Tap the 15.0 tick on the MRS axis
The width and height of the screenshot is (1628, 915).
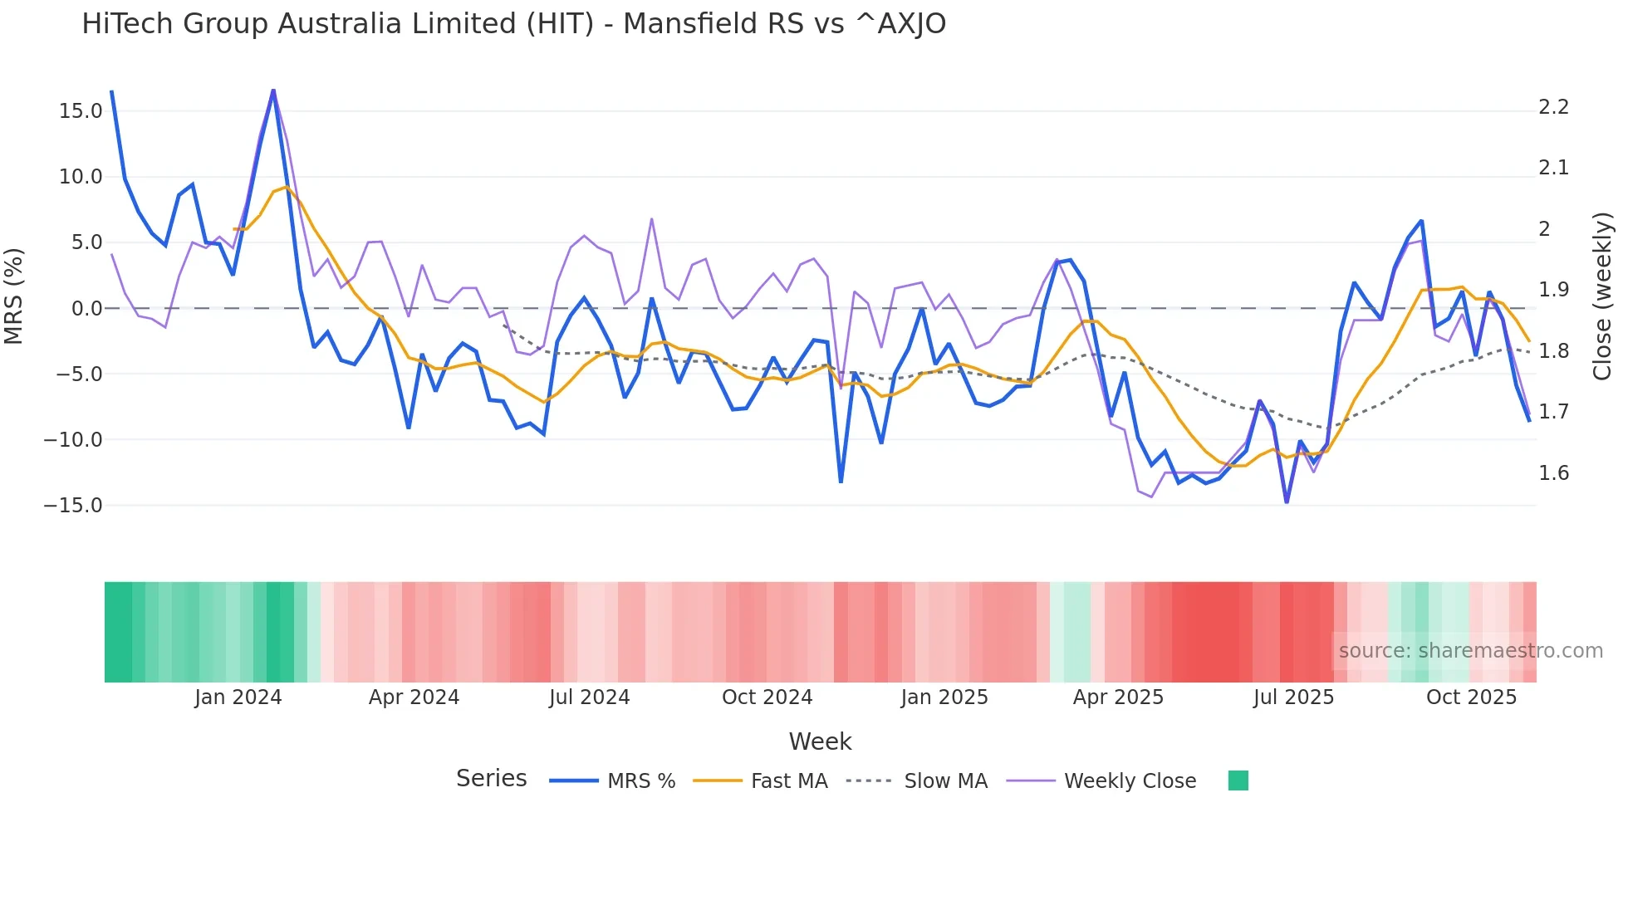tap(81, 111)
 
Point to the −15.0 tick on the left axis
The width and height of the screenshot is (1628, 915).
tap(73, 506)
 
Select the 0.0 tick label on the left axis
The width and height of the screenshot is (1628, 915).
tap(86, 309)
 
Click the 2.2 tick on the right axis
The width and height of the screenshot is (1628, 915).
tap(1553, 107)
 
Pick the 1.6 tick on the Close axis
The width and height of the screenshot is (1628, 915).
tap(1553, 473)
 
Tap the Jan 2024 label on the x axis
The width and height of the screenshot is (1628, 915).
tap(238, 697)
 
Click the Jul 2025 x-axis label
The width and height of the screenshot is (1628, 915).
tap(1293, 697)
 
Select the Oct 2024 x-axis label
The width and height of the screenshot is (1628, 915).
tap(767, 697)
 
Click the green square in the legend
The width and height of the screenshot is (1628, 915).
tap(1238, 780)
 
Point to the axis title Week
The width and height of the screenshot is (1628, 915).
tap(820, 741)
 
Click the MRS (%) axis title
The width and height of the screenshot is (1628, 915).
tap(14, 296)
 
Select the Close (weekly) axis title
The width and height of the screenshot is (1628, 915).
tap(1602, 296)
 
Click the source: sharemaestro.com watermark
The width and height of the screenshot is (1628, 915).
tap(1470, 651)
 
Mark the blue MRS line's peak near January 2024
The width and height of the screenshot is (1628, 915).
tap(273, 91)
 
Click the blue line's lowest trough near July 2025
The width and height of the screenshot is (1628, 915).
tap(1287, 502)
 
